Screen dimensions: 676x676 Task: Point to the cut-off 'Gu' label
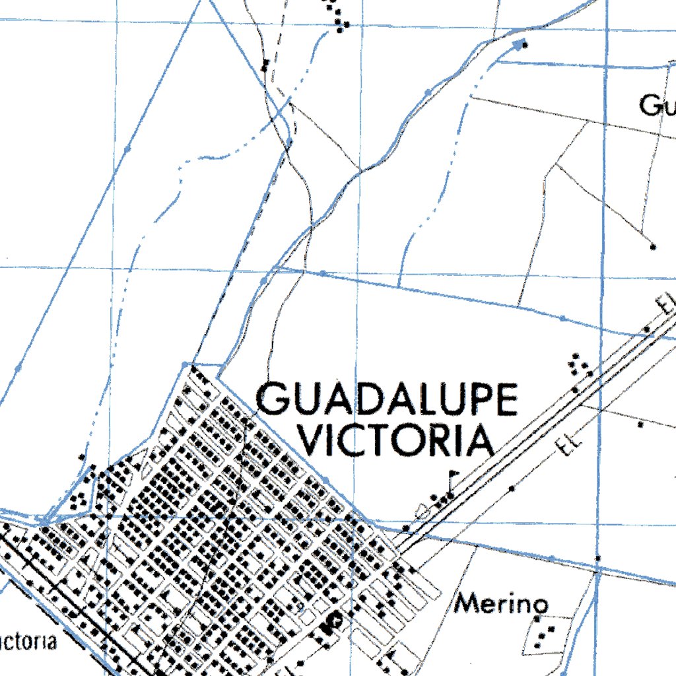(656, 105)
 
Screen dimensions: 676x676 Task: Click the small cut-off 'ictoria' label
(27, 642)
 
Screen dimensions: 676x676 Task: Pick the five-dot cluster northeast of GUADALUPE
(580, 364)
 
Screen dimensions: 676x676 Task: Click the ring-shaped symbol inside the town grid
(335, 620)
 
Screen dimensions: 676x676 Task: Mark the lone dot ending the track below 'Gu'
(654, 247)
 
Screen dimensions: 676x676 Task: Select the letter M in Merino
(468, 603)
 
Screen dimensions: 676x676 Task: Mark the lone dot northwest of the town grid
(81, 457)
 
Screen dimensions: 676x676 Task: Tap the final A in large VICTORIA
(481, 440)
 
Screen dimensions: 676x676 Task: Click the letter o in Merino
(540, 605)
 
